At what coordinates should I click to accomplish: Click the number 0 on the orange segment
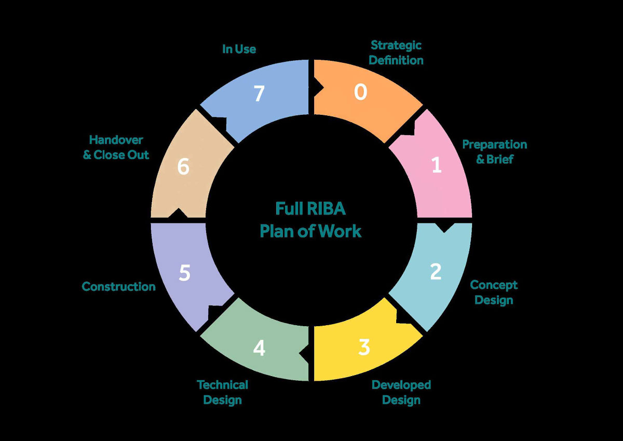[361, 92]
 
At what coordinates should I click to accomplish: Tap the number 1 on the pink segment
[436, 165]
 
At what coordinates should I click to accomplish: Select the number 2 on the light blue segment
[436, 271]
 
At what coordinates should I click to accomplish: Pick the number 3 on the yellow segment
[364, 348]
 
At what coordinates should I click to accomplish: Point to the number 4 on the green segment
[259, 348]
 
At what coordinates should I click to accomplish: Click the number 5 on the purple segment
[184, 273]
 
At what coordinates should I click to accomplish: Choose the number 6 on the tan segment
[183, 167]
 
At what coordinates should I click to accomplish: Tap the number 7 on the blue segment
[259, 94]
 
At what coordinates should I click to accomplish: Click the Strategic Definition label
[396, 52]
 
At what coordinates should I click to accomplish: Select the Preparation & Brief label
[494, 152]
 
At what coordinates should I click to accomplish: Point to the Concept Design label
[494, 292]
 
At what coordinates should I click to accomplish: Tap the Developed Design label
[401, 392]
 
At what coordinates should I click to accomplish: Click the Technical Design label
[222, 392]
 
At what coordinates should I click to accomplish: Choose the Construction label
[118, 287]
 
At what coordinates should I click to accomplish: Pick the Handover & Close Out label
[116, 147]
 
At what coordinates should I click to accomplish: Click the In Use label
[239, 49]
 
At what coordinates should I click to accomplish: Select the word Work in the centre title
[341, 231]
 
